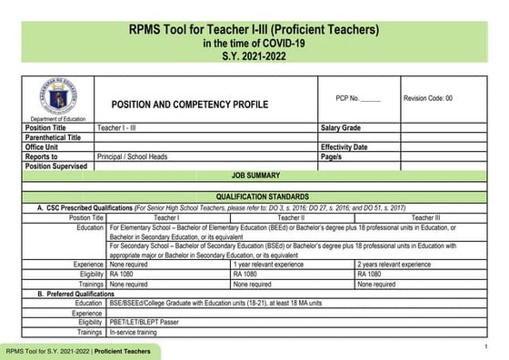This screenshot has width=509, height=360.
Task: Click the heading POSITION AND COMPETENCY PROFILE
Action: (x=189, y=105)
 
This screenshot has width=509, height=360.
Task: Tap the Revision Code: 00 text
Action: (x=427, y=97)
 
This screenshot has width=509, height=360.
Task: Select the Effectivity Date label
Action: (x=344, y=147)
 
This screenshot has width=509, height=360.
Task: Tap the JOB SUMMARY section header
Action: (x=254, y=175)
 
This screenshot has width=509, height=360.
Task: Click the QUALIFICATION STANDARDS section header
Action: (x=254, y=196)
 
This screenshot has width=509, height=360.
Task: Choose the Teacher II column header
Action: (x=291, y=218)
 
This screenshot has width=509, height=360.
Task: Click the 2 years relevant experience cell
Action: (x=394, y=264)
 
